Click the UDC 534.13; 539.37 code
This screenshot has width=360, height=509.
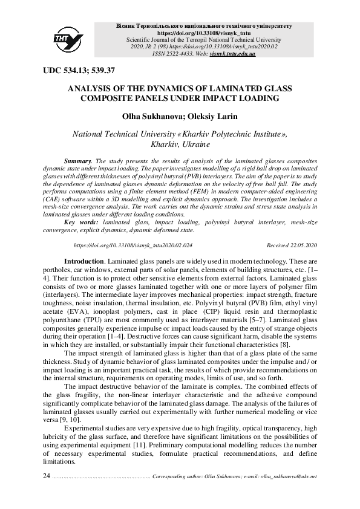[79, 71]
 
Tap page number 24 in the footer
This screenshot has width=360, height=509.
[47, 476]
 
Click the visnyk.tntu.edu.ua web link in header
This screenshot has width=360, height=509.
[232, 54]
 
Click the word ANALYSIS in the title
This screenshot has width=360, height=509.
[93, 88]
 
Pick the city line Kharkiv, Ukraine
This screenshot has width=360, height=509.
[180, 145]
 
